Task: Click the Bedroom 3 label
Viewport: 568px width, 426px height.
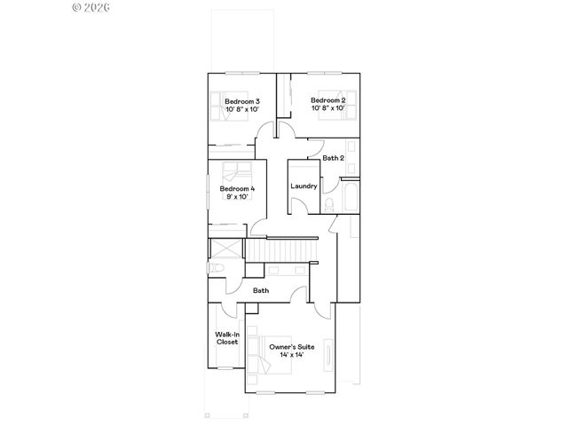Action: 241,101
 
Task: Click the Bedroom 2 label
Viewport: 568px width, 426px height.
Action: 327,100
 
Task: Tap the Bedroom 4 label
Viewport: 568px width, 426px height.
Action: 237,188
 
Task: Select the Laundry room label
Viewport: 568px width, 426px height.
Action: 304,186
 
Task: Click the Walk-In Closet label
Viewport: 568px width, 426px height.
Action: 226,338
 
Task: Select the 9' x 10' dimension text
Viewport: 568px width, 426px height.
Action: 237,197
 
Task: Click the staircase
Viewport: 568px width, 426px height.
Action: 282,252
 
